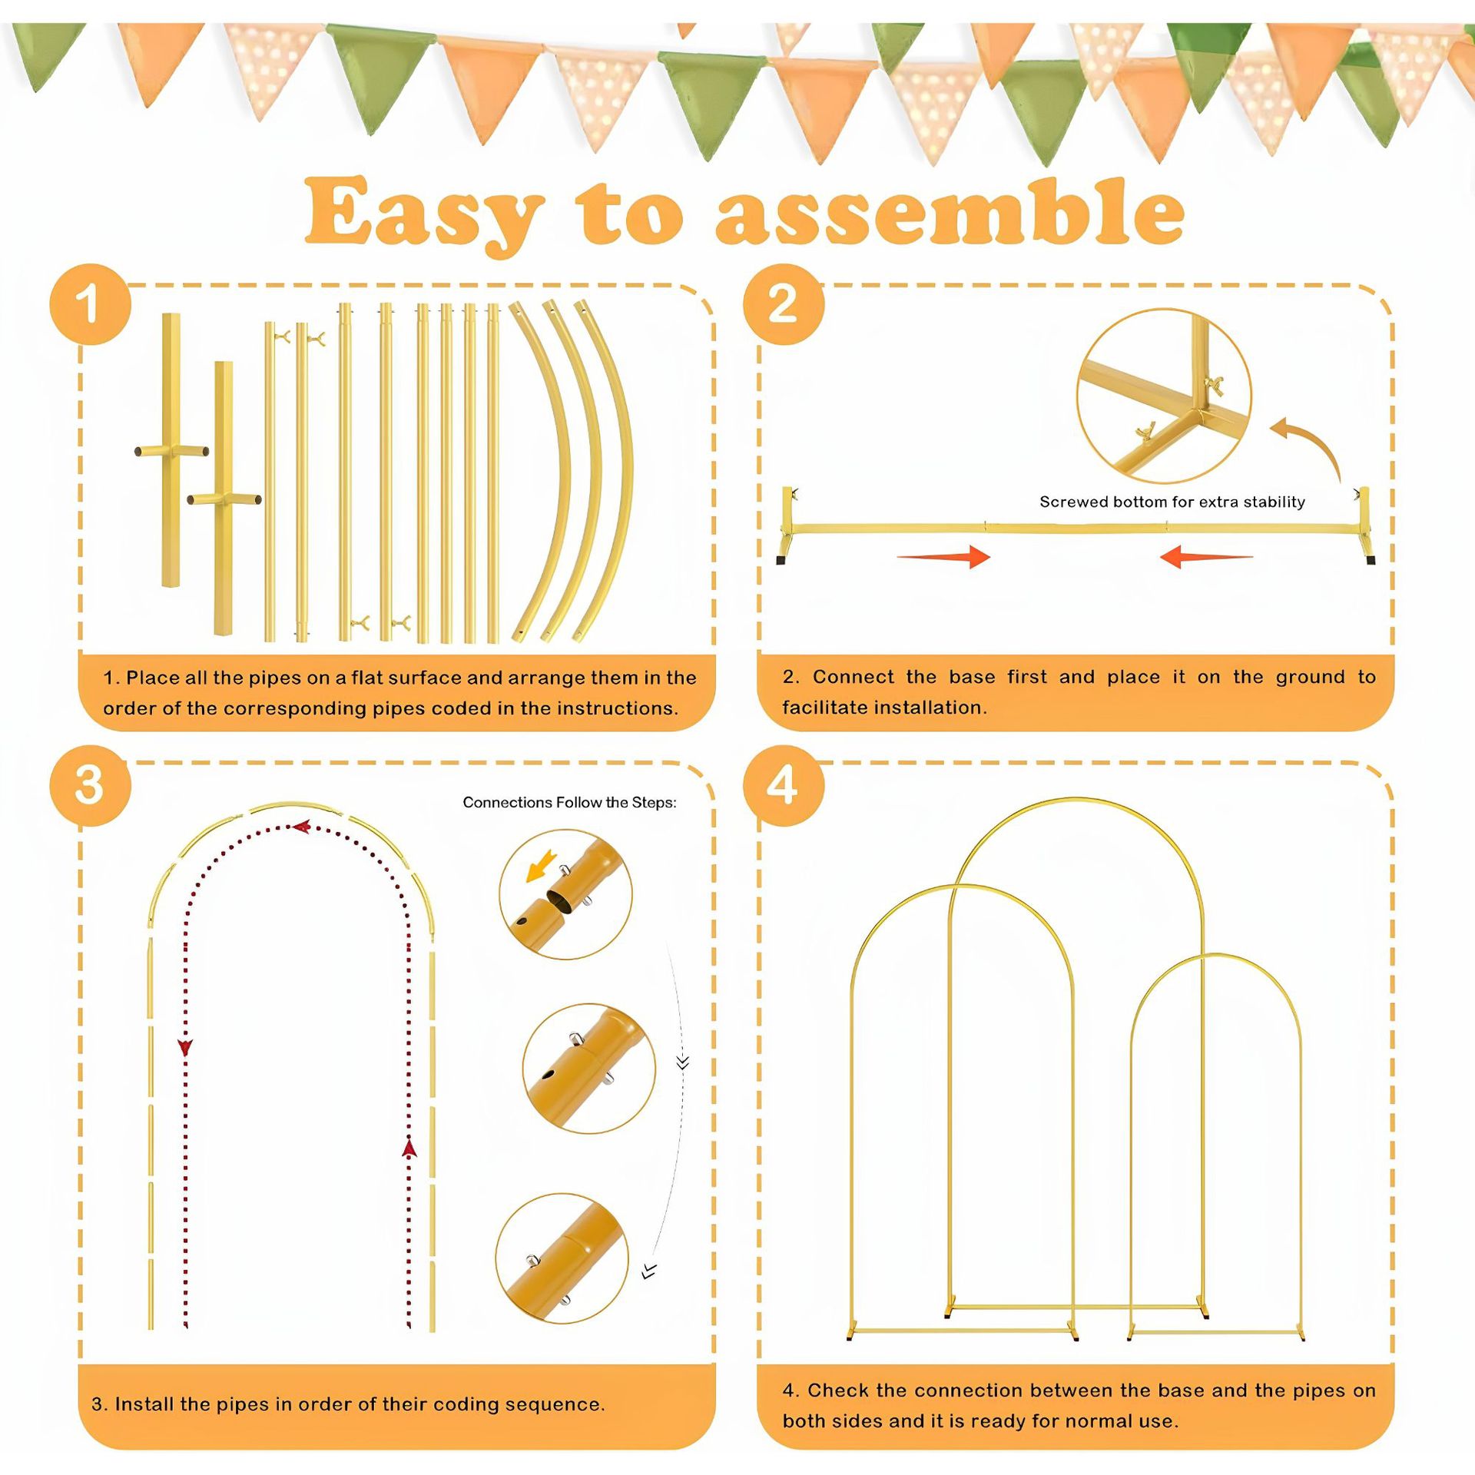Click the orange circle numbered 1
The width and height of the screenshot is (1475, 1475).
[90, 304]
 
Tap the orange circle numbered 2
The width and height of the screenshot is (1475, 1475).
[783, 304]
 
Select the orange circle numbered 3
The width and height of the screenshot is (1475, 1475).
[90, 785]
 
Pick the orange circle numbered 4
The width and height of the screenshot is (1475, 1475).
[783, 785]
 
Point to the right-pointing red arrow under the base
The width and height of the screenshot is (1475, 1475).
[944, 556]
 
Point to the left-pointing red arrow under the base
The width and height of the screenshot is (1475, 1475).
[1205, 556]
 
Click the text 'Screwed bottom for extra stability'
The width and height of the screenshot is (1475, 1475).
[1172, 502]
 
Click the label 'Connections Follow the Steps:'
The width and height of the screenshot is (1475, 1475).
[569, 802]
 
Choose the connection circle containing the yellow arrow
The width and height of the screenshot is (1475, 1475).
[565, 894]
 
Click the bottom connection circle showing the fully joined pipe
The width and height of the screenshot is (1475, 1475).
[562, 1258]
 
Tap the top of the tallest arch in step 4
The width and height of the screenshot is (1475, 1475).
[1076, 799]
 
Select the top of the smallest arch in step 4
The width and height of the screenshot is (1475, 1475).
[1215, 956]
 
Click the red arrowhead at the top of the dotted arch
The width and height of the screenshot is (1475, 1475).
[302, 827]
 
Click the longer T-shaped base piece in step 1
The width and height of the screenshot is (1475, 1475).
[171, 450]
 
